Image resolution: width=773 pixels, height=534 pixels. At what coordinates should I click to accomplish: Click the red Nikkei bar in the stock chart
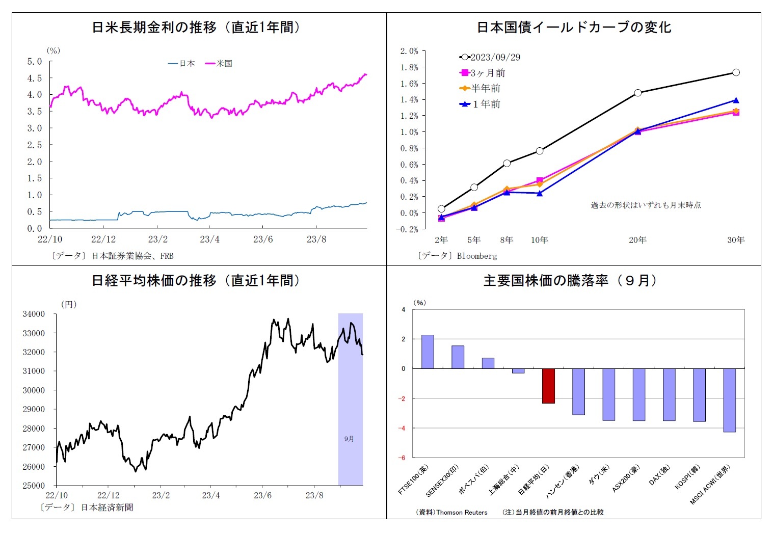pos(548,386)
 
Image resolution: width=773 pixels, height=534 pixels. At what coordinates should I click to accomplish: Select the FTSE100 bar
pos(428,352)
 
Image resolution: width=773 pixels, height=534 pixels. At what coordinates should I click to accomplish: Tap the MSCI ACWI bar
pos(729,400)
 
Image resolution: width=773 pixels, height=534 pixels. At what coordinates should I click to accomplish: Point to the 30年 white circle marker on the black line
pos(736,72)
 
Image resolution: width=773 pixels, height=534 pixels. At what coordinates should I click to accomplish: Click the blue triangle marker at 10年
pos(540,193)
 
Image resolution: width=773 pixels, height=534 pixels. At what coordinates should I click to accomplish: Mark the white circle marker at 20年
pos(638,93)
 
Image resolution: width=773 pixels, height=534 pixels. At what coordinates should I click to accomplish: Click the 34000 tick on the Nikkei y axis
pos(34,314)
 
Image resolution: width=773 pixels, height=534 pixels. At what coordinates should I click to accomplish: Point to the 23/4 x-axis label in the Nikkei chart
pos(211,495)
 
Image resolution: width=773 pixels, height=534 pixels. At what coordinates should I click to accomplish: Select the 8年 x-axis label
pos(507,240)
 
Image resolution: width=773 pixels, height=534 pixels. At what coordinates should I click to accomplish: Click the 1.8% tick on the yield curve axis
pos(409,67)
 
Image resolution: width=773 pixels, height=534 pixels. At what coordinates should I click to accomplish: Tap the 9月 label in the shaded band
pos(349,439)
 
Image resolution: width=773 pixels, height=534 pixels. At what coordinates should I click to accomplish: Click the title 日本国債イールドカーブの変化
pos(574,27)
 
